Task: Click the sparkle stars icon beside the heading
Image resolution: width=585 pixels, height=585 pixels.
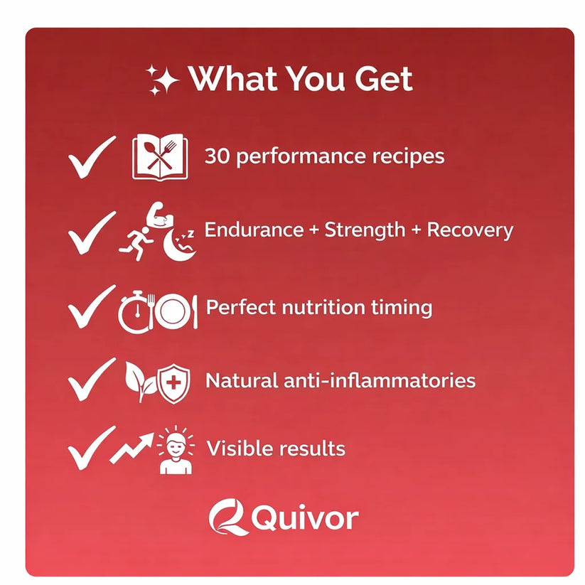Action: click(x=162, y=80)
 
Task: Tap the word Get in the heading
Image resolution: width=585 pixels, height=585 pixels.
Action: click(x=384, y=79)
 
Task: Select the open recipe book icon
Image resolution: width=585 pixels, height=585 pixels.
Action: click(x=160, y=157)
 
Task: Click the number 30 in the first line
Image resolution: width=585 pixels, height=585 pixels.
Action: click(x=217, y=156)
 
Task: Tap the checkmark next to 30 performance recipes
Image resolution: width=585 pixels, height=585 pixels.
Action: click(x=92, y=157)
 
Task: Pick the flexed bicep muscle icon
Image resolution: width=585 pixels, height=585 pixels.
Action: click(x=160, y=216)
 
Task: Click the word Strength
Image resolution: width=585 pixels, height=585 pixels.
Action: click(x=365, y=230)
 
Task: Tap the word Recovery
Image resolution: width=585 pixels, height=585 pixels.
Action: click(x=470, y=230)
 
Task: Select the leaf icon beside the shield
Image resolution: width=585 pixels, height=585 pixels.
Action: click(x=140, y=381)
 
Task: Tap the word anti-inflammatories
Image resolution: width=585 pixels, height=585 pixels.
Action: click(x=380, y=381)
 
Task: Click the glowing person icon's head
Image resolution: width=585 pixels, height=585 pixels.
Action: click(x=176, y=444)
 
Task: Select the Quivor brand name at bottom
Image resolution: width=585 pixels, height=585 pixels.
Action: click(x=305, y=518)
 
